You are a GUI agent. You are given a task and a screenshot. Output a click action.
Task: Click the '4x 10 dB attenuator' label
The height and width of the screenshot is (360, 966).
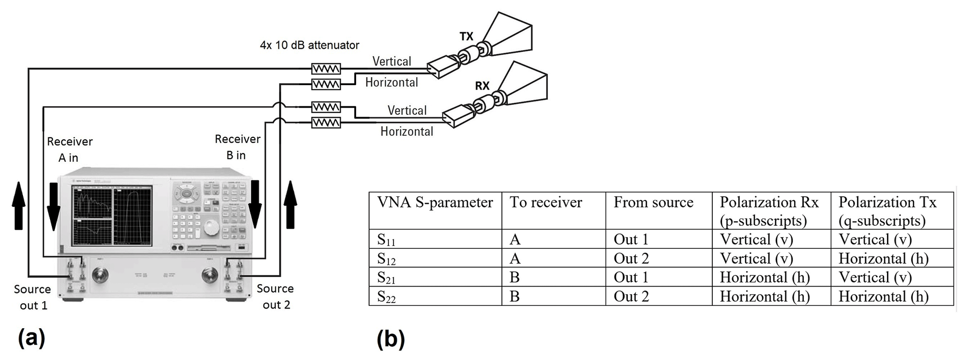pyautogui.click(x=309, y=45)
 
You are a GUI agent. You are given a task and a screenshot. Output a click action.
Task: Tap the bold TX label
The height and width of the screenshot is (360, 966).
pyautogui.click(x=466, y=36)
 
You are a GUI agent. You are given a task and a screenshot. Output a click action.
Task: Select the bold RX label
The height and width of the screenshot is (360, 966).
pyautogui.click(x=482, y=86)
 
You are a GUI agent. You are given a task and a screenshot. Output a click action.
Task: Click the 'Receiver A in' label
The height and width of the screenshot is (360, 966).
pyautogui.click(x=70, y=150)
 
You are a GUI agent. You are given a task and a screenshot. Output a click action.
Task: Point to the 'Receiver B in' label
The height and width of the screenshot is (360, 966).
pyautogui.click(x=237, y=147)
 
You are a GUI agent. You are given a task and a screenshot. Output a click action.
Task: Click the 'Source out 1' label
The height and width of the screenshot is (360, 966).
pyautogui.click(x=33, y=297)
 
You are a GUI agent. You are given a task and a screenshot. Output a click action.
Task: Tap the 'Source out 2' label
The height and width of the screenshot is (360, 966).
pyautogui.click(x=275, y=297)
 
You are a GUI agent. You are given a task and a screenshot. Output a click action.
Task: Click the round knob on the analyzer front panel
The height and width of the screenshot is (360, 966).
pyautogui.click(x=210, y=228)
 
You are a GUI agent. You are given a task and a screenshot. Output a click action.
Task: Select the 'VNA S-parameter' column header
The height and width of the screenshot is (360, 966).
pyautogui.click(x=435, y=202)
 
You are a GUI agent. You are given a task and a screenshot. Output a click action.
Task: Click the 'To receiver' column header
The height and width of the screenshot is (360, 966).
pyautogui.click(x=545, y=202)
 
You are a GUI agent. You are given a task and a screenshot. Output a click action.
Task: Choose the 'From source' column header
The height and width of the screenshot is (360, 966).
pyautogui.click(x=653, y=202)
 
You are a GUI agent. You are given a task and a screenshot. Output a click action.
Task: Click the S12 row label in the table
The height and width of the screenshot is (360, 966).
pyautogui.click(x=386, y=259)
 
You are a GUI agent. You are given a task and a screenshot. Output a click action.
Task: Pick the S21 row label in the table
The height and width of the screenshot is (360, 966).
pyautogui.click(x=386, y=278)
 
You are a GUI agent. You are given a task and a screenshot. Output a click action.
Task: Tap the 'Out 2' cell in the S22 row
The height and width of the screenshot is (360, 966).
pyautogui.click(x=631, y=296)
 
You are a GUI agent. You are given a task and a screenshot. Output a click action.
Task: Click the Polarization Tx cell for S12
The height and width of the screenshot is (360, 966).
pyautogui.click(x=883, y=259)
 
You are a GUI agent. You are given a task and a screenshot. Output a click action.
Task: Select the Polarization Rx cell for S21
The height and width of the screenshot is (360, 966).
pyautogui.click(x=765, y=278)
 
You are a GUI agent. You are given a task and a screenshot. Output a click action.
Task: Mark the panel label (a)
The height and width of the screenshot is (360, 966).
pyautogui.click(x=31, y=338)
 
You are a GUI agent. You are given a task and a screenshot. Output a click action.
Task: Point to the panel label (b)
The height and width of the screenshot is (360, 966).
pyautogui.click(x=390, y=339)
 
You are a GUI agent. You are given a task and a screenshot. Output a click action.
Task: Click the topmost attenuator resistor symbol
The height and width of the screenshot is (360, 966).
pyautogui.click(x=326, y=69)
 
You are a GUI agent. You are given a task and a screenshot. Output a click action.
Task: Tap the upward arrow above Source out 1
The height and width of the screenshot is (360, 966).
pyautogui.click(x=18, y=205)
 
